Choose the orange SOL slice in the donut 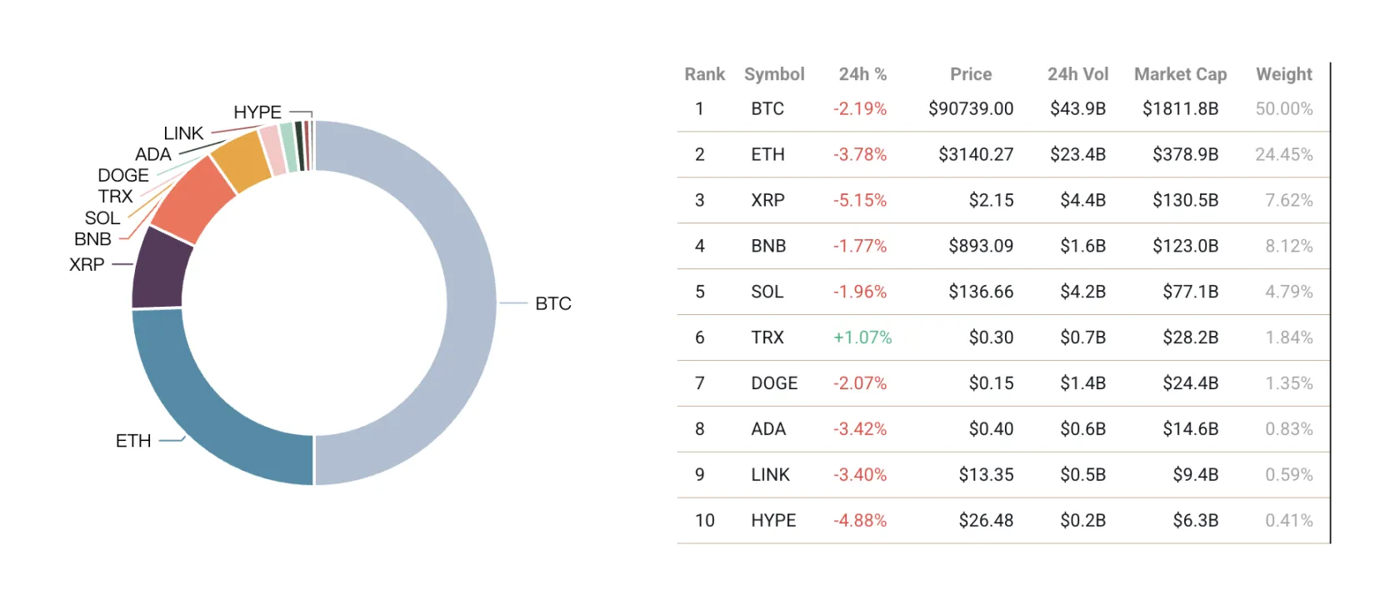[x=241, y=161]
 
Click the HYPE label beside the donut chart [x=257, y=112]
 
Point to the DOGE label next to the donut [x=123, y=175]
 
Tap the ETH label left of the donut [x=133, y=441]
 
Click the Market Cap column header [x=1180, y=74]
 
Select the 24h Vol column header [x=1077, y=74]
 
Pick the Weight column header [x=1283, y=74]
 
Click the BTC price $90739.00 [x=971, y=109]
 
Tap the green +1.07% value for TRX [x=862, y=338]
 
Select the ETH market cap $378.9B [x=1185, y=155]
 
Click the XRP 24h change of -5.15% [x=860, y=201]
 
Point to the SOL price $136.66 [x=981, y=292]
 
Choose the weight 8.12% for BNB [x=1288, y=247]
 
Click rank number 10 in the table [x=704, y=521]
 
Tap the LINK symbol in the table [x=770, y=475]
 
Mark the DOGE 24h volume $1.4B [x=1082, y=383]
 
